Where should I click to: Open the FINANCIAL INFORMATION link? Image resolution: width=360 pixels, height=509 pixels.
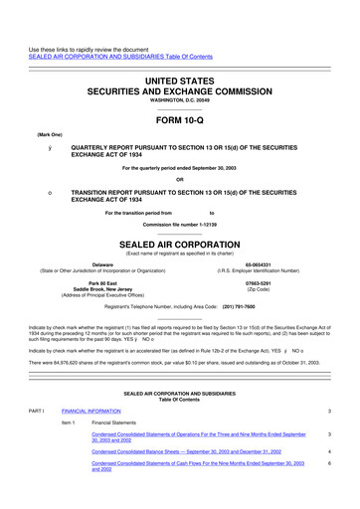[95, 410]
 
